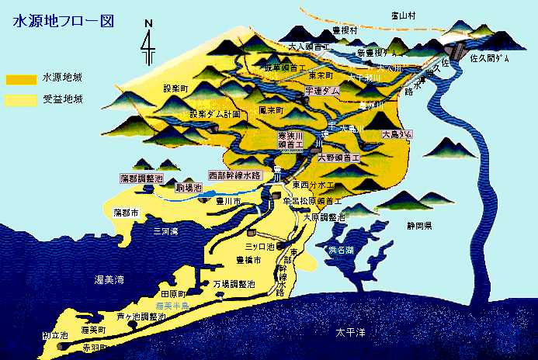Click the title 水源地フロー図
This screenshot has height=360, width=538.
[x=64, y=20]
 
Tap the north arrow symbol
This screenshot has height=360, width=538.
[x=147, y=44]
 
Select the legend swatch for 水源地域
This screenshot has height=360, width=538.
[x=20, y=79]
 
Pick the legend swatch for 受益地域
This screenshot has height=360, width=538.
[x=20, y=100]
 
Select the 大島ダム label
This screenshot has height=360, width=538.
[x=397, y=134]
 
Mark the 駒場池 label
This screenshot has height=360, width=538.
[x=189, y=188]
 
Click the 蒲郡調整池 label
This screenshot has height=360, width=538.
[x=141, y=178]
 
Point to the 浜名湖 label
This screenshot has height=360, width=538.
[x=339, y=250]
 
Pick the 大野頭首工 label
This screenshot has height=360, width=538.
[x=340, y=157]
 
